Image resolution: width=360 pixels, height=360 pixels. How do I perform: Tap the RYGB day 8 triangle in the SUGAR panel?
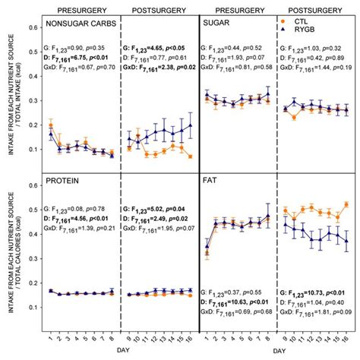pyautogui.click(x=267, y=95)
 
